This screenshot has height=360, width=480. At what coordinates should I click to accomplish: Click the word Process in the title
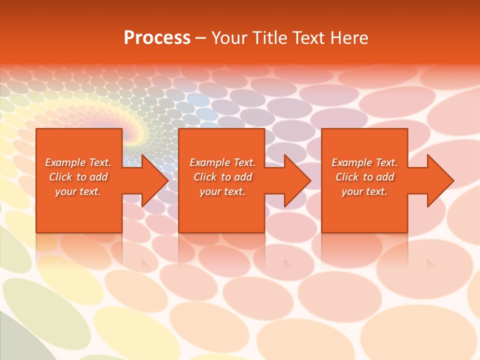[157, 38]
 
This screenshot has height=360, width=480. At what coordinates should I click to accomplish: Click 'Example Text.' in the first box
[78, 162]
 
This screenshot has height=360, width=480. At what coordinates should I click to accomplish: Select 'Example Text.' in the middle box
[222, 162]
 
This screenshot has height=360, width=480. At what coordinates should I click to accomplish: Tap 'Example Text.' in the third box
[364, 162]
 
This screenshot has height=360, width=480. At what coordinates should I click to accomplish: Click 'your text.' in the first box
[78, 191]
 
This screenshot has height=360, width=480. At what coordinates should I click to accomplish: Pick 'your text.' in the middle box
[222, 191]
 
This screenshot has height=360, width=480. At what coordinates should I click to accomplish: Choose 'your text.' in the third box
[364, 191]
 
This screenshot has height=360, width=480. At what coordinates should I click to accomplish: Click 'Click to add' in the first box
[78, 177]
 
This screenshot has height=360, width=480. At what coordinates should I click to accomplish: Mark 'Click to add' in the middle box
[222, 177]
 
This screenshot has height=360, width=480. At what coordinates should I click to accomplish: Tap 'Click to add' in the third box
[364, 177]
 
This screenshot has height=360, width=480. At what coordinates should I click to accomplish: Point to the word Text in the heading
[306, 38]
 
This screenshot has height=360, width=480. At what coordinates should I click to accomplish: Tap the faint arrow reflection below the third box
[431, 263]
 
